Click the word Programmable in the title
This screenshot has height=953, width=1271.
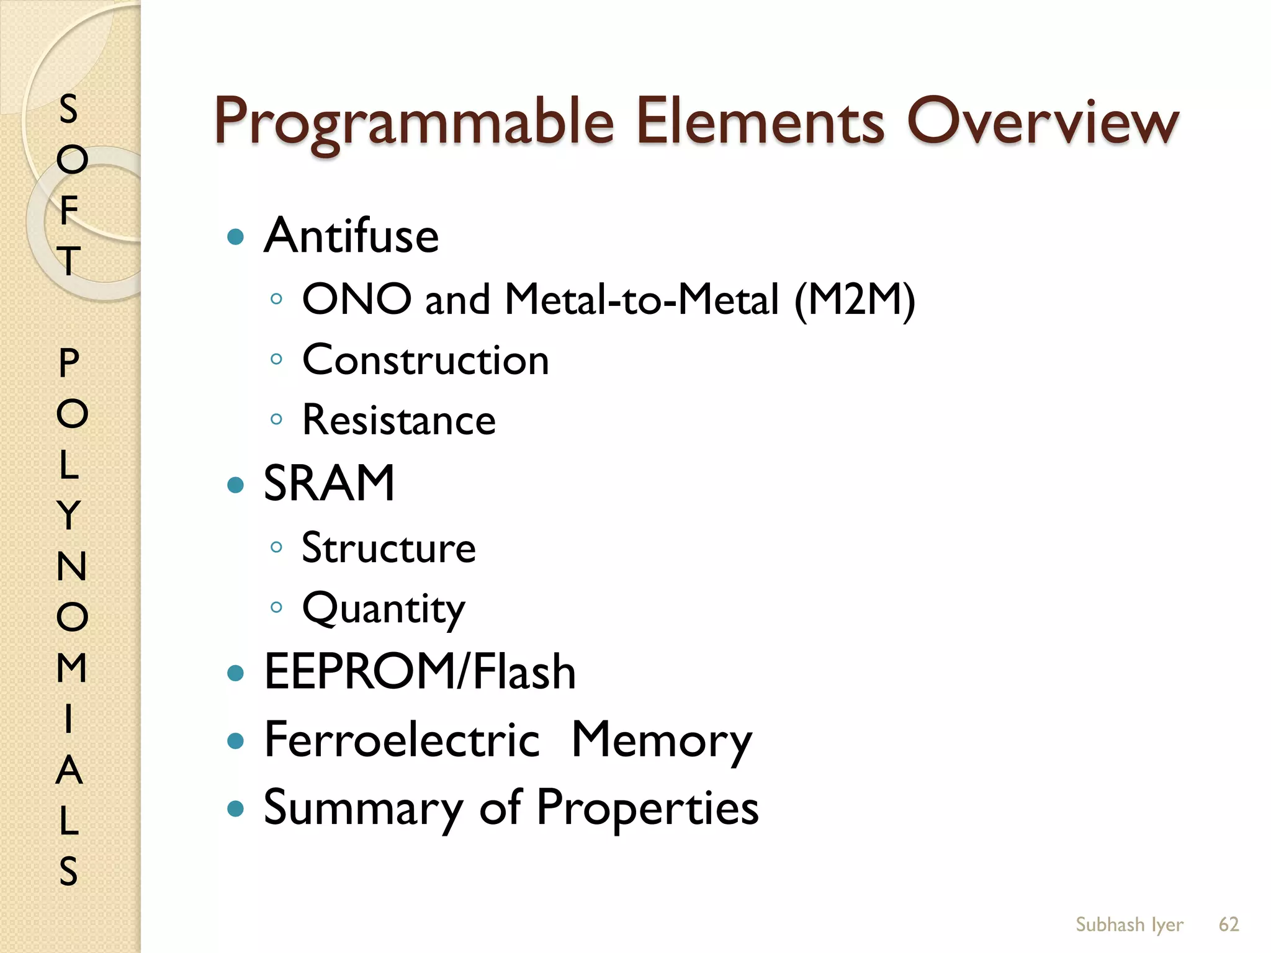tap(414, 122)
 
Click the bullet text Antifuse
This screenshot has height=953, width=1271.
tap(351, 236)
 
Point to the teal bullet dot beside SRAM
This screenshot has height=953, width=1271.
tap(235, 485)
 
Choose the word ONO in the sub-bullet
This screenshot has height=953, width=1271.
tap(356, 299)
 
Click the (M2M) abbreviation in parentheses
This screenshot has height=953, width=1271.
tap(855, 300)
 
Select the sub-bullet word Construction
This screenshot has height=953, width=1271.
tap(426, 360)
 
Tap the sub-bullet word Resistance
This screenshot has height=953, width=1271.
tap(399, 420)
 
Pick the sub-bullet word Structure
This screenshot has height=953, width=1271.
tap(389, 548)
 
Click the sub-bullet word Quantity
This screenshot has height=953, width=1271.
tap(384, 609)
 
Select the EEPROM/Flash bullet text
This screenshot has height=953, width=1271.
tap(420, 672)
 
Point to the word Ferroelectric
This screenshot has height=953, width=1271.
tap(402, 740)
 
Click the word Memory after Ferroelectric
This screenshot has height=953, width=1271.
tap(662, 741)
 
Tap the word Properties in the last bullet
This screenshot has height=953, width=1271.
tap(647, 808)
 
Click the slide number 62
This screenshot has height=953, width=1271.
tap(1229, 924)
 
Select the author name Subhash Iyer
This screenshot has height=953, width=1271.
tap(1130, 924)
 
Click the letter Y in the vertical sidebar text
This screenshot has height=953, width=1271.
tap(70, 515)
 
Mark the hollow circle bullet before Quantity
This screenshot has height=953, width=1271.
tap(277, 607)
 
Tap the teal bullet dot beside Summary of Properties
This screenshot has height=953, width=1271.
tap(235, 808)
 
